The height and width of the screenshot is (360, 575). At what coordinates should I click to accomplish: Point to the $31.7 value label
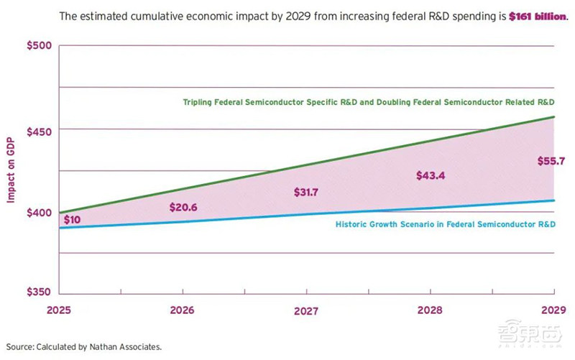(x=308, y=192)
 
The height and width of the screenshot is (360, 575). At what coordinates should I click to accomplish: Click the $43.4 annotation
(x=431, y=175)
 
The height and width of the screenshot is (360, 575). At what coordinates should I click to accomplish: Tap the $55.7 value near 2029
(x=551, y=160)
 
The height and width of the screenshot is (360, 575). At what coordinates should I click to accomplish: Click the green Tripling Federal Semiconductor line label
(x=369, y=102)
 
